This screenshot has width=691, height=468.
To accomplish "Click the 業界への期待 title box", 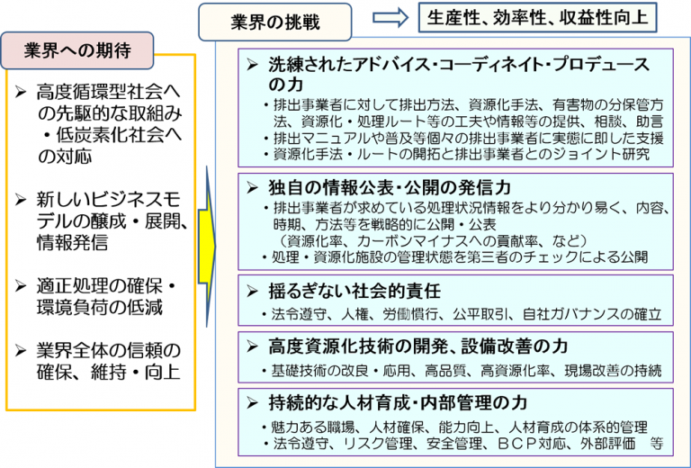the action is (77, 50).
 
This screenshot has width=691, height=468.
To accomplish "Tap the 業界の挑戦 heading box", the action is (275, 22).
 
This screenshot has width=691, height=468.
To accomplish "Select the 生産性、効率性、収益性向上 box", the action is (537, 17).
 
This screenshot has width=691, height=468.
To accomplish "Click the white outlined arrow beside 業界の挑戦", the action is (390, 18).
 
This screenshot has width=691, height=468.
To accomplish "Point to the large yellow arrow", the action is (207, 247).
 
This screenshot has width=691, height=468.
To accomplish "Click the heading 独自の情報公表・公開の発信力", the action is (390, 188).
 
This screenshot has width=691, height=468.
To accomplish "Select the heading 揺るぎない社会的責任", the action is (354, 292).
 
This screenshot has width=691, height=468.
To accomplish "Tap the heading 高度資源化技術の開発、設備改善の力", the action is (417, 346).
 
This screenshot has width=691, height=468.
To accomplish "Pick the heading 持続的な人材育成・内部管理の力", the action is (398, 402).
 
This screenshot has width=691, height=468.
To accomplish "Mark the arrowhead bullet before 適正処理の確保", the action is (21, 285).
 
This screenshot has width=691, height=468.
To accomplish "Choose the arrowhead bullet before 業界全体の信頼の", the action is (21, 350).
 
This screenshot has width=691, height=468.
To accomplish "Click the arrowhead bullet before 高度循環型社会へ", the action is (21, 92).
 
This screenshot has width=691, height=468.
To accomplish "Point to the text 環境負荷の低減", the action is (100, 308).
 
